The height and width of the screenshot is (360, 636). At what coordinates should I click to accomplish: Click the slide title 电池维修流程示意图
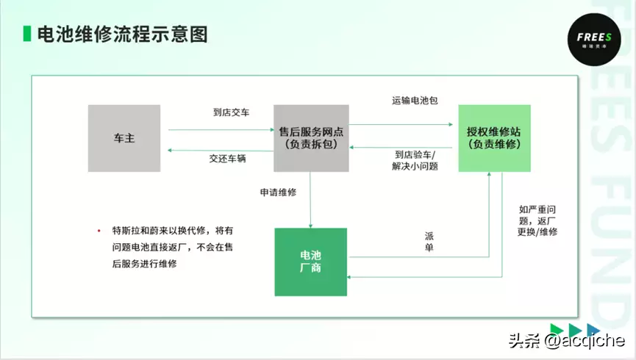tap(123, 34)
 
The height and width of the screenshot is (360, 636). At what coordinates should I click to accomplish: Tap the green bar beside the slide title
tap(27, 34)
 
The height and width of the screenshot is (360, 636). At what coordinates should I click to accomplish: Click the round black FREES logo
tap(594, 40)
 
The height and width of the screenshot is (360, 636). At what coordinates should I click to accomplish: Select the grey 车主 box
tap(124, 138)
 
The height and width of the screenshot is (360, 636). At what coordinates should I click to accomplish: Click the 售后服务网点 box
tap(311, 138)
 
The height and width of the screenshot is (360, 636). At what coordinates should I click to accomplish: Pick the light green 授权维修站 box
tap(494, 138)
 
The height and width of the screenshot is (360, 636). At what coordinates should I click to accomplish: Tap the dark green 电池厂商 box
tap(311, 262)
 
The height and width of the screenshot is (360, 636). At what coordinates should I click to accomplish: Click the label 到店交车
tap(231, 112)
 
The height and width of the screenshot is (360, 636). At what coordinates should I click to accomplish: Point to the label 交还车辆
tap(227, 159)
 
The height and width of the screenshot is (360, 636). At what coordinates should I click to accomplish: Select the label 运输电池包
tap(415, 101)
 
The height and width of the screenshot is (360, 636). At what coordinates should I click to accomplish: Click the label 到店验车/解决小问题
tap(415, 161)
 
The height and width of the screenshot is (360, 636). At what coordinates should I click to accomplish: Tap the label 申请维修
tap(278, 192)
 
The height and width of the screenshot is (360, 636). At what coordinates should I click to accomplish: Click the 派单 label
tap(429, 242)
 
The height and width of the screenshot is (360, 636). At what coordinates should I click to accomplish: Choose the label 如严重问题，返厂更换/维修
tap(537, 220)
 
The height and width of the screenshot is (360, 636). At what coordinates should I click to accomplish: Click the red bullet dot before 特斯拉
tap(99, 231)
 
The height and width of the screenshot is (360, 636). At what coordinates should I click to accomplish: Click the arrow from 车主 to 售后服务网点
tap(221, 130)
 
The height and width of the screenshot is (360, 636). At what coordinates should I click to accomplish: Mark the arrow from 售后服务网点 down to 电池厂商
tap(310, 200)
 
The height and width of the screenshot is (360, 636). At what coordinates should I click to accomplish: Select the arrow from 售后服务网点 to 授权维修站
tap(401, 124)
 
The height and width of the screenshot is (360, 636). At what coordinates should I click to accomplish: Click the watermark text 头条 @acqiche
tap(567, 341)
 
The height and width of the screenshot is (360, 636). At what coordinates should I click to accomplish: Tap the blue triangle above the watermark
tap(593, 330)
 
